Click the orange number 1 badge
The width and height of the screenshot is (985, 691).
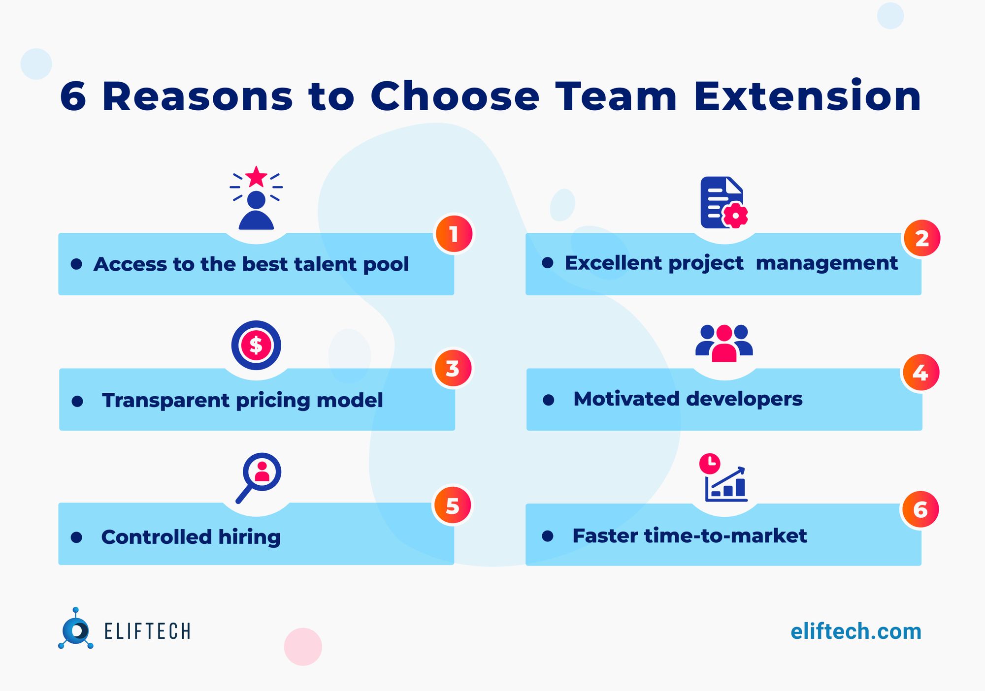[454, 234]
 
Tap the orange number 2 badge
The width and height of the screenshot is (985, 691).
[921, 239]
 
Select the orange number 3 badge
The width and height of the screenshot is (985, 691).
[453, 369]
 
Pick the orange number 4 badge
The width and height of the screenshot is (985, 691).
[920, 373]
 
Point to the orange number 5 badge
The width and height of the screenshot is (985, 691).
[453, 506]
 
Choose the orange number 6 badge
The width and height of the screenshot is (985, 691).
[920, 509]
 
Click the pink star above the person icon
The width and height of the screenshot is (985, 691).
[256, 177]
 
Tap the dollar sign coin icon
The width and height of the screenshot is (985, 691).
[256, 345]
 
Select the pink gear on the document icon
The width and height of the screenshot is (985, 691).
[735, 215]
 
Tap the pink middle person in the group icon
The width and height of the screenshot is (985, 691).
[724, 344]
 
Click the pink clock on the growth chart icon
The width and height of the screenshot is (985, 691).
[710, 463]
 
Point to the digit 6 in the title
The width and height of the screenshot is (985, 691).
[73, 96]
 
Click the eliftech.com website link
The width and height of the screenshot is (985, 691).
[855, 631]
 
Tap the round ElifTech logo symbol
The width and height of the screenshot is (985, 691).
[76, 630]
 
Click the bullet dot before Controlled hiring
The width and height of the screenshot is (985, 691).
[76, 537]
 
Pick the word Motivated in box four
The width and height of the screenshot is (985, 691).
[626, 399]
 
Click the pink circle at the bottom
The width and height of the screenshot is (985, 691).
[303, 647]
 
